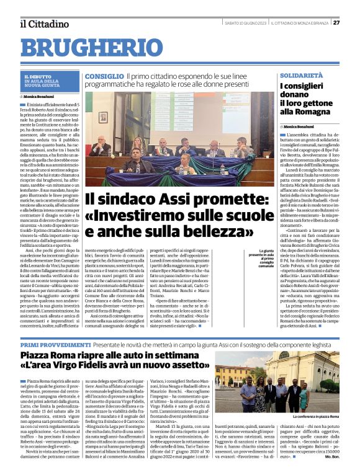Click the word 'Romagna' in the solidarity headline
(x=310, y=112)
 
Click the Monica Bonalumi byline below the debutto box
(x=40, y=97)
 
